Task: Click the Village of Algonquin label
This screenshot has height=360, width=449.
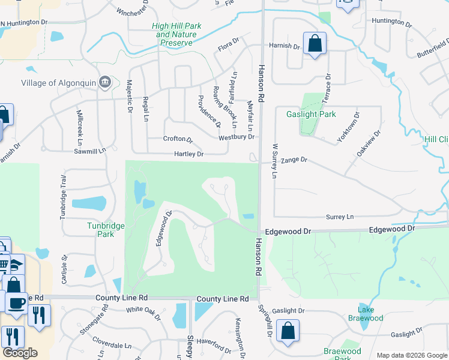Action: coord(58,83)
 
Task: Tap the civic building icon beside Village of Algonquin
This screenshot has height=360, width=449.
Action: coord(105,82)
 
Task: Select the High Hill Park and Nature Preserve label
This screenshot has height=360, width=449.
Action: coord(176,34)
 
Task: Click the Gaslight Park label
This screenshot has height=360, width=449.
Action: coord(311,114)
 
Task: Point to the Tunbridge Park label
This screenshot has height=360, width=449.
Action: coord(97,229)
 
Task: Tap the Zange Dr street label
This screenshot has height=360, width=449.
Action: coord(294,160)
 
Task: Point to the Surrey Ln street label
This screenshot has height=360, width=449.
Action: coord(340,217)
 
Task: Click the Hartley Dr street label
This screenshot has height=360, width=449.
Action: coord(189,154)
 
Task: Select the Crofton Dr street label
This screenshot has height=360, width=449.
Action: coord(178,139)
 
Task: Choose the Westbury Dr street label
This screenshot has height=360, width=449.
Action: coord(237,137)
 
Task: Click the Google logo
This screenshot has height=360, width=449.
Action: coord(20,353)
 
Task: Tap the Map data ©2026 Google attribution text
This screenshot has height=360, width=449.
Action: coord(411,355)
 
